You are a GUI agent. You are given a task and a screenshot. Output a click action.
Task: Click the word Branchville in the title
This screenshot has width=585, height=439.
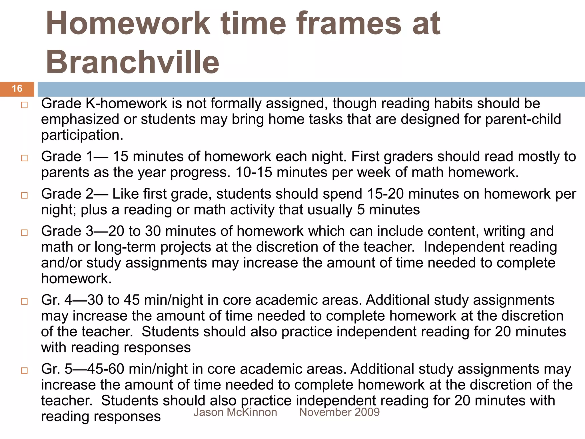132,61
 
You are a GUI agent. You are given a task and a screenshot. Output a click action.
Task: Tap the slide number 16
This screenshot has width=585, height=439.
17,89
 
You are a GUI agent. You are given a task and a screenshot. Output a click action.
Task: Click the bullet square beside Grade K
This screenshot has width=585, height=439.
24,105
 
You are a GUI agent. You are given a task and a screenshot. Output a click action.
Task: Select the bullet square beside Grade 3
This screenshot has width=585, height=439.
24,232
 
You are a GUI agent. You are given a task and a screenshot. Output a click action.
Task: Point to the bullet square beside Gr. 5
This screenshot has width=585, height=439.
24,370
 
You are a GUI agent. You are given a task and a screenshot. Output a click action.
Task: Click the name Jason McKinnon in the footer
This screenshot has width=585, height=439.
235,412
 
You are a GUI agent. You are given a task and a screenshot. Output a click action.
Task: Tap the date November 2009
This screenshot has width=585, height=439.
339,412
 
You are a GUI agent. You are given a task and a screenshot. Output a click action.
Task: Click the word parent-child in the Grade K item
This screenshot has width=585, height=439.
523,119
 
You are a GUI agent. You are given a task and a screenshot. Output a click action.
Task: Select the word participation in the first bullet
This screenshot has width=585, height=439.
82,135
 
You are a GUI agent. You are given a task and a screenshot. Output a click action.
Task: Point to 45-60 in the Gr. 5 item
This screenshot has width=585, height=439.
106,369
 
